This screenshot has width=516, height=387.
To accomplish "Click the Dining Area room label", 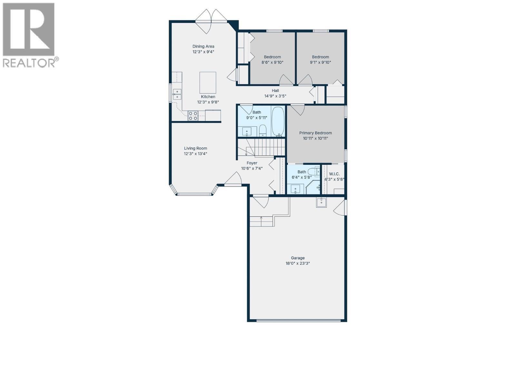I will coord(203,46).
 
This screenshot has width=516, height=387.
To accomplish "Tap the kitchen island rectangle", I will coord(208,83).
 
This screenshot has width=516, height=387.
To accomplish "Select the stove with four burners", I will coord(193,116).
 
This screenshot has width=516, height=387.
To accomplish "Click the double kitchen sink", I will coord(177,94).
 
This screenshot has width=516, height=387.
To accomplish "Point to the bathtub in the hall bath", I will coord(278,121).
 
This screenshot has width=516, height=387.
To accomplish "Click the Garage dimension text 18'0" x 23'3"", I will coord(298,263).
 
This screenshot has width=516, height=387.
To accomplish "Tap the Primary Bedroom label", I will coord(315,133).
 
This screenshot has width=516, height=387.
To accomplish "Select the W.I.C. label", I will coord(334,174).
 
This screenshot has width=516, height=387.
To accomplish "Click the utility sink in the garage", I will coord(321,202).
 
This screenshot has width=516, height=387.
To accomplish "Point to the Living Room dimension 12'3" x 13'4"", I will coord(195,154).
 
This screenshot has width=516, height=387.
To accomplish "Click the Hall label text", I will coord(275,91).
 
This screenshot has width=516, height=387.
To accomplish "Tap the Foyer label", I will coord(252,163).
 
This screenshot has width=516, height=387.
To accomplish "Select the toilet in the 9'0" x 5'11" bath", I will coord(263,130).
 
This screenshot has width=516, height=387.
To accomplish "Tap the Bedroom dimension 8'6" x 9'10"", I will coord(272,63).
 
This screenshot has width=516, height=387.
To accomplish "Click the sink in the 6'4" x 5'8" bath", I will coord(295,189).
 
